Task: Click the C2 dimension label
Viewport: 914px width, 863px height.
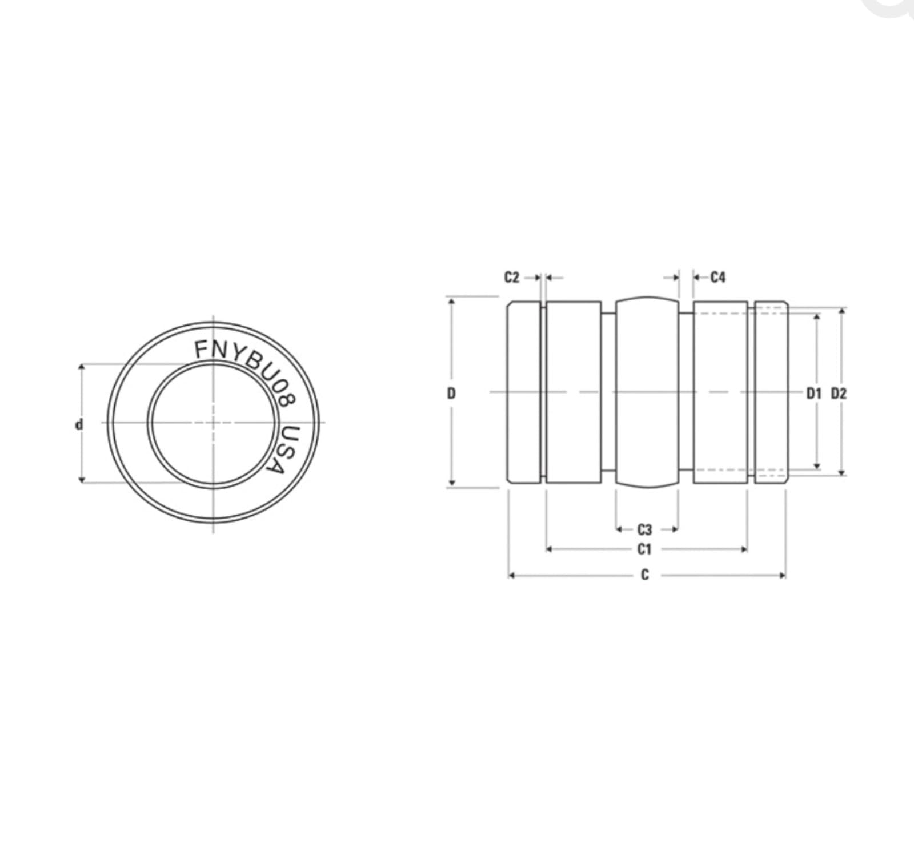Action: click(x=511, y=278)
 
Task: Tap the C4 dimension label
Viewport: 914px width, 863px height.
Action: click(x=718, y=278)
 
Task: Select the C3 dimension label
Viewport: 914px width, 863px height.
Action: click(x=644, y=529)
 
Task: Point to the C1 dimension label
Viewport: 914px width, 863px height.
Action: click(x=644, y=549)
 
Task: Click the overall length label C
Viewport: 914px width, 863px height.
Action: click(x=645, y=575)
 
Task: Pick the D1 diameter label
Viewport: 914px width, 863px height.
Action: click(x=813, y=393)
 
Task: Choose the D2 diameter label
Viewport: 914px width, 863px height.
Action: click(x=839, y=393)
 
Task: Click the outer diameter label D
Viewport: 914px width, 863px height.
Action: click(x=451, y=393)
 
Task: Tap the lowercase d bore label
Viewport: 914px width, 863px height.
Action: click(x=79, y=424)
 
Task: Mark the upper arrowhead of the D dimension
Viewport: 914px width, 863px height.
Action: click(x=451, y=300)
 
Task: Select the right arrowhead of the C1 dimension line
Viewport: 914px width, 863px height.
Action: click(x=744, y=549)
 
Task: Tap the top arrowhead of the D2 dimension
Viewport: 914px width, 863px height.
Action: click(x=841, y=311)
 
